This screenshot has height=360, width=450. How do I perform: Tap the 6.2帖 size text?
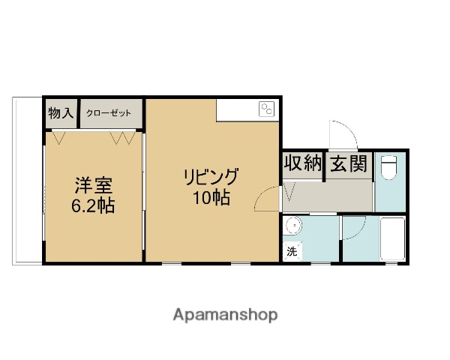[x=93, y=205]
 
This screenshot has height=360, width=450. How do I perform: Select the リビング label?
[x=211, y=178]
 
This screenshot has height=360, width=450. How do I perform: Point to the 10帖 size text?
[x=211, y=199]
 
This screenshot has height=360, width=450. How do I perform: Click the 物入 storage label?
[x=60, y=113]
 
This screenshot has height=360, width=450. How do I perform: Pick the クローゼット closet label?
[x=109, y=113]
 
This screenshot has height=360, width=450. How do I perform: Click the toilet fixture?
[x=388, y=167]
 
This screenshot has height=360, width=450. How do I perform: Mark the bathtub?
[x=393, y=238]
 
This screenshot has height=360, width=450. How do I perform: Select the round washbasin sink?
[x=293, y=224]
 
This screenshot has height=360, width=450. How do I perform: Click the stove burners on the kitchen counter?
[x=266, y=109]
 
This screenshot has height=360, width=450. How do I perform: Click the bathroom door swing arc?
[x=354, y=227]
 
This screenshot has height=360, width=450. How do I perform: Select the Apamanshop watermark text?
[x=224, y=315]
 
